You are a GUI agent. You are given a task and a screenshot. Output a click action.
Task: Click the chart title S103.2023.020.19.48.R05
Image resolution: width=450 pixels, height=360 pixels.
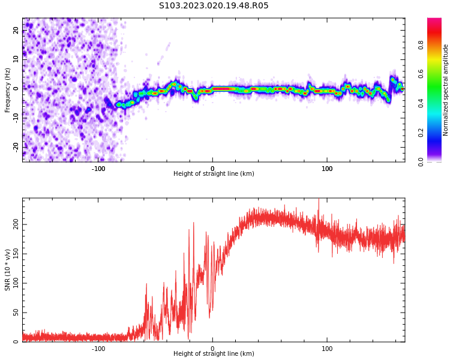214,6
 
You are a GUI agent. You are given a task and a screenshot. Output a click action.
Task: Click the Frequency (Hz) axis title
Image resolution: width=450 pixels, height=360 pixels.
8,90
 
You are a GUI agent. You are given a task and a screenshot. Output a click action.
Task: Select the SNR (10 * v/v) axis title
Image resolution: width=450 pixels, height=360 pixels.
8,270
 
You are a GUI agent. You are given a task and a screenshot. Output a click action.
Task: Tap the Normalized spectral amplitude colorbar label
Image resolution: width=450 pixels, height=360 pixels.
446,90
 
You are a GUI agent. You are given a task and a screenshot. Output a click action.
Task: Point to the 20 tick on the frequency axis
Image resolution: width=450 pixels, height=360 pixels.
16,30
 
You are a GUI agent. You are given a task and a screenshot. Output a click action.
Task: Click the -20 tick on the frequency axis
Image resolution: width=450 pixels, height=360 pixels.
16,146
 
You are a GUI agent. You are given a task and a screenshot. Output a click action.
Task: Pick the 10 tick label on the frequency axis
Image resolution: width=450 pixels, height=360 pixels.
16,59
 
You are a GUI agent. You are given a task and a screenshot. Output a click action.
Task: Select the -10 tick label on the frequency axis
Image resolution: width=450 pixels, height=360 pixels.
16,117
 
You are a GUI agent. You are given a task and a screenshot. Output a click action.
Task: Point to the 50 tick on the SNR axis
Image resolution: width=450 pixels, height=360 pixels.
16,313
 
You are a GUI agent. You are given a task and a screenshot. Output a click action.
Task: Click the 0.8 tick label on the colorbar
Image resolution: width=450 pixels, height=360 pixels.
421,44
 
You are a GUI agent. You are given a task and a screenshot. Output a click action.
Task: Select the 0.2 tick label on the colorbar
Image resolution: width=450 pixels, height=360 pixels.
421,133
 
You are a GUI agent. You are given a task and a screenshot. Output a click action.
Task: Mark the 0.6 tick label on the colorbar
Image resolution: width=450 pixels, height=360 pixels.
421,74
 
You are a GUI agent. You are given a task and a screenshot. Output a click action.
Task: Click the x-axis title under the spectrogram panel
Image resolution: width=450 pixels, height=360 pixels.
214,174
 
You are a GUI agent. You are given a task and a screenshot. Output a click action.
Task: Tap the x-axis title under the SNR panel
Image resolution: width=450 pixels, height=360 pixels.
214,354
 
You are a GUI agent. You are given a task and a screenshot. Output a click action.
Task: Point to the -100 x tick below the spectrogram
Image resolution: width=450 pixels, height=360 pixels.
98,169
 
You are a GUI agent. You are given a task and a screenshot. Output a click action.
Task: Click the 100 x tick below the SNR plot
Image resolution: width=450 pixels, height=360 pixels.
328,349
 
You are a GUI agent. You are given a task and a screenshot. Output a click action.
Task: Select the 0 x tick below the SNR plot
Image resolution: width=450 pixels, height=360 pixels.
212,349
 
